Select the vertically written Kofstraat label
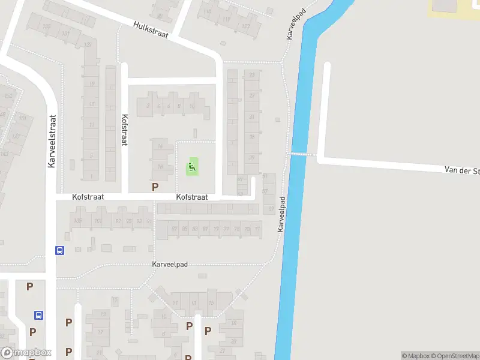pos(125,130)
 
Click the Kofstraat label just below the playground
pos(192,197)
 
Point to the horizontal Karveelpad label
pos(171,265)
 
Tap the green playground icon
pos(193,166)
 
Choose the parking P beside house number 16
pos(155,187)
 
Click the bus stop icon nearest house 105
pos(59,250)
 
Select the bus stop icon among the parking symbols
pos(38,314)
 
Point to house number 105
pos(77,221)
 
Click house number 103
pos(98,221)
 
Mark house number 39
pos(252,157)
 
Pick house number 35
pos(252,137)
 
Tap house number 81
pos(206,229)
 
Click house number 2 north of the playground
pos(148,106)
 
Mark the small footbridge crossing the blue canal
pos(303,154)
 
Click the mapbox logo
pos(26,353)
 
